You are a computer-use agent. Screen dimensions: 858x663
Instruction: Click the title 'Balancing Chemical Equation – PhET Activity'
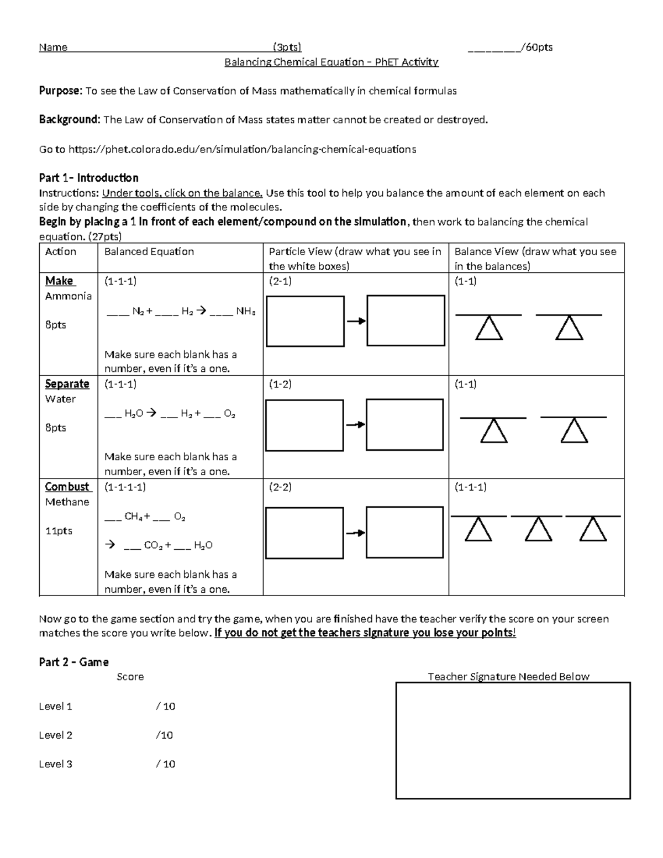point(331,62)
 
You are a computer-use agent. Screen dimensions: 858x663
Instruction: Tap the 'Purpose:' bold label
point(60,91)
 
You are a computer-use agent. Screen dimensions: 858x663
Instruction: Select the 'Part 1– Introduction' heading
point(88,178)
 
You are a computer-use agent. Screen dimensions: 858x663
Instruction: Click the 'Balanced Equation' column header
point(149,252)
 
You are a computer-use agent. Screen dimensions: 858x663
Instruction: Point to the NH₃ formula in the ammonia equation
point(246,311)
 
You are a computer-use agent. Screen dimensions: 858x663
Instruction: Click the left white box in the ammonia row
point(305,320)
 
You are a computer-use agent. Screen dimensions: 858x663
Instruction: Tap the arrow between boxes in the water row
point(355,424)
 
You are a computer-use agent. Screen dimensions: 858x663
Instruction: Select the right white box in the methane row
point(405,533)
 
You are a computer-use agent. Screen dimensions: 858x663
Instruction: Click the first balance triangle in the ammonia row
point(489,328)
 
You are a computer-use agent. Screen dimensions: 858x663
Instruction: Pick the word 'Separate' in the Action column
point(67,383)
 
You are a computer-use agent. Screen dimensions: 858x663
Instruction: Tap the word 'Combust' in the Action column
point(67,487)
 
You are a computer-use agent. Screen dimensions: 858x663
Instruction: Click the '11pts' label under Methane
point(59,531)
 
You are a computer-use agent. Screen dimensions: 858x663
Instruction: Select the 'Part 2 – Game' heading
point(73,662)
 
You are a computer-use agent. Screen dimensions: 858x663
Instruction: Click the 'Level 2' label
point(55,735)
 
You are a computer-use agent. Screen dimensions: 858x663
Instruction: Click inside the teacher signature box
point(513,740)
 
